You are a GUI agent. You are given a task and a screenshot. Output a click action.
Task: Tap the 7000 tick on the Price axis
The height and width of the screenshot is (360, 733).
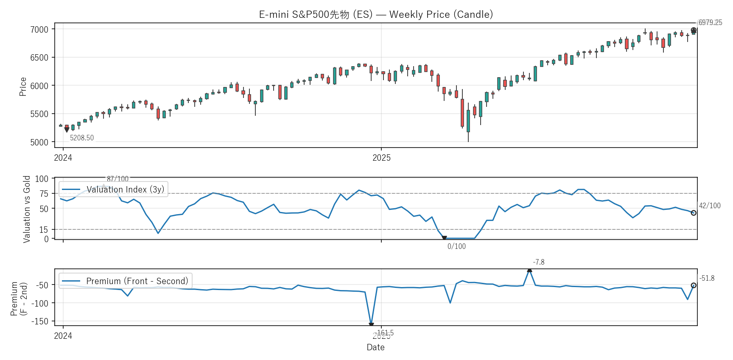click(x=39, y=29)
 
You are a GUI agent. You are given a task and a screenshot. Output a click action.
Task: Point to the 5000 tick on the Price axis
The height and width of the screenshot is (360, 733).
click(x=39, y=142)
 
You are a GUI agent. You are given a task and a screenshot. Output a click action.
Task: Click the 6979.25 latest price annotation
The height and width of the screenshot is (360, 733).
click(x=710, y=22)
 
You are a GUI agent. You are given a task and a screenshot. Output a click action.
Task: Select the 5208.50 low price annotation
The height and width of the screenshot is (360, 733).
click(x=82, y=138)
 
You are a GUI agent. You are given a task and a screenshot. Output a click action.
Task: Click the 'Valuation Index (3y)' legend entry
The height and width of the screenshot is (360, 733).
click(x=125, y=190)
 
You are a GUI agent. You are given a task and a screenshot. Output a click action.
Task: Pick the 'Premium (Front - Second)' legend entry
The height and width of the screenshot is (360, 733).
click(x=137, y=281)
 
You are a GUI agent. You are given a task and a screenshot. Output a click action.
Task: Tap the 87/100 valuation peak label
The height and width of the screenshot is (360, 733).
click(x=118, y=179)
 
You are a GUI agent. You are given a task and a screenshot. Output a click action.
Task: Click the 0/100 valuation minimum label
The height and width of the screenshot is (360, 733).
click(x=456, y=246)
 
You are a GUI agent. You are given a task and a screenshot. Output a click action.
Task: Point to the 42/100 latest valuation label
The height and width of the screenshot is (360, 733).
click(x=710, y=206)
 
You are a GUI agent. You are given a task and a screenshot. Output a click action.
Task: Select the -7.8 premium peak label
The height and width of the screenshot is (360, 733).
click(x=539, y=262)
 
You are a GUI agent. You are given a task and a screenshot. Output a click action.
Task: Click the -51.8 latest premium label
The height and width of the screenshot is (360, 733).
click(x=707, y=278)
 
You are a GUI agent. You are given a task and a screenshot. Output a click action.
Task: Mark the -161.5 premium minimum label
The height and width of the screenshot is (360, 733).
click(x=384, y=333)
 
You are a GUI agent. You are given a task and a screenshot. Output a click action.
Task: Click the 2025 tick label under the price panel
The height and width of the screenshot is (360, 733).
click(x=381, y=158)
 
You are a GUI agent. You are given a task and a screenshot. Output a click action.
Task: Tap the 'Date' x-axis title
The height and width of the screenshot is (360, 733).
click(x=375, y=347)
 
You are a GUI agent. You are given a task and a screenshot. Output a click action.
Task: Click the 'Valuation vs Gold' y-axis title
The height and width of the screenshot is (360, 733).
click(x=27, y=209)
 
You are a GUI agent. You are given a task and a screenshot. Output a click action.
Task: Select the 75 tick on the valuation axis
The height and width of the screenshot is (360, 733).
click(x=44, y=194)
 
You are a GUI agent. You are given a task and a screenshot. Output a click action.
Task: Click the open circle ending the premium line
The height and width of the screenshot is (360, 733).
click(x=694, y=285)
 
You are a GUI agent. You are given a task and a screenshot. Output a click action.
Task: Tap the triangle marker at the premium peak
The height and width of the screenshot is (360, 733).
click(x=529, y=270)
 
